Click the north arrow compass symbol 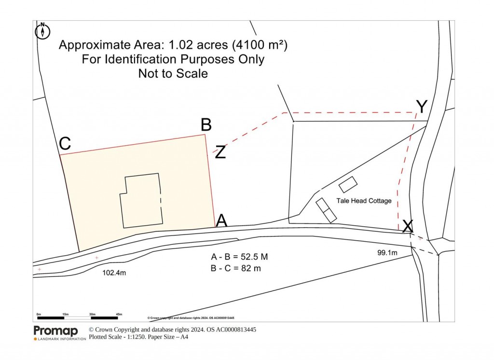coord(43,30)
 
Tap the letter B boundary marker coord(206,125)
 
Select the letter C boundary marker coord(65,144)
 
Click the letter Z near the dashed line coord(220,152)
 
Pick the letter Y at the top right coord(422,106)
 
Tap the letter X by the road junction coord(408,225)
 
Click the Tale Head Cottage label coord(364,201)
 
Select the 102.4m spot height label coord(115,273)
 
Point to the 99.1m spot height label coord(387,252)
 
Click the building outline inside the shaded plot coord(141,200)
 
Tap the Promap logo coord(55,331)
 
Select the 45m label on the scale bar coord(120,314)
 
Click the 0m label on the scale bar coord(39,314)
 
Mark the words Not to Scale coord(173,74)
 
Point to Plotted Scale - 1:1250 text coord(121,337)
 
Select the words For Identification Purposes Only coord(173,59)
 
